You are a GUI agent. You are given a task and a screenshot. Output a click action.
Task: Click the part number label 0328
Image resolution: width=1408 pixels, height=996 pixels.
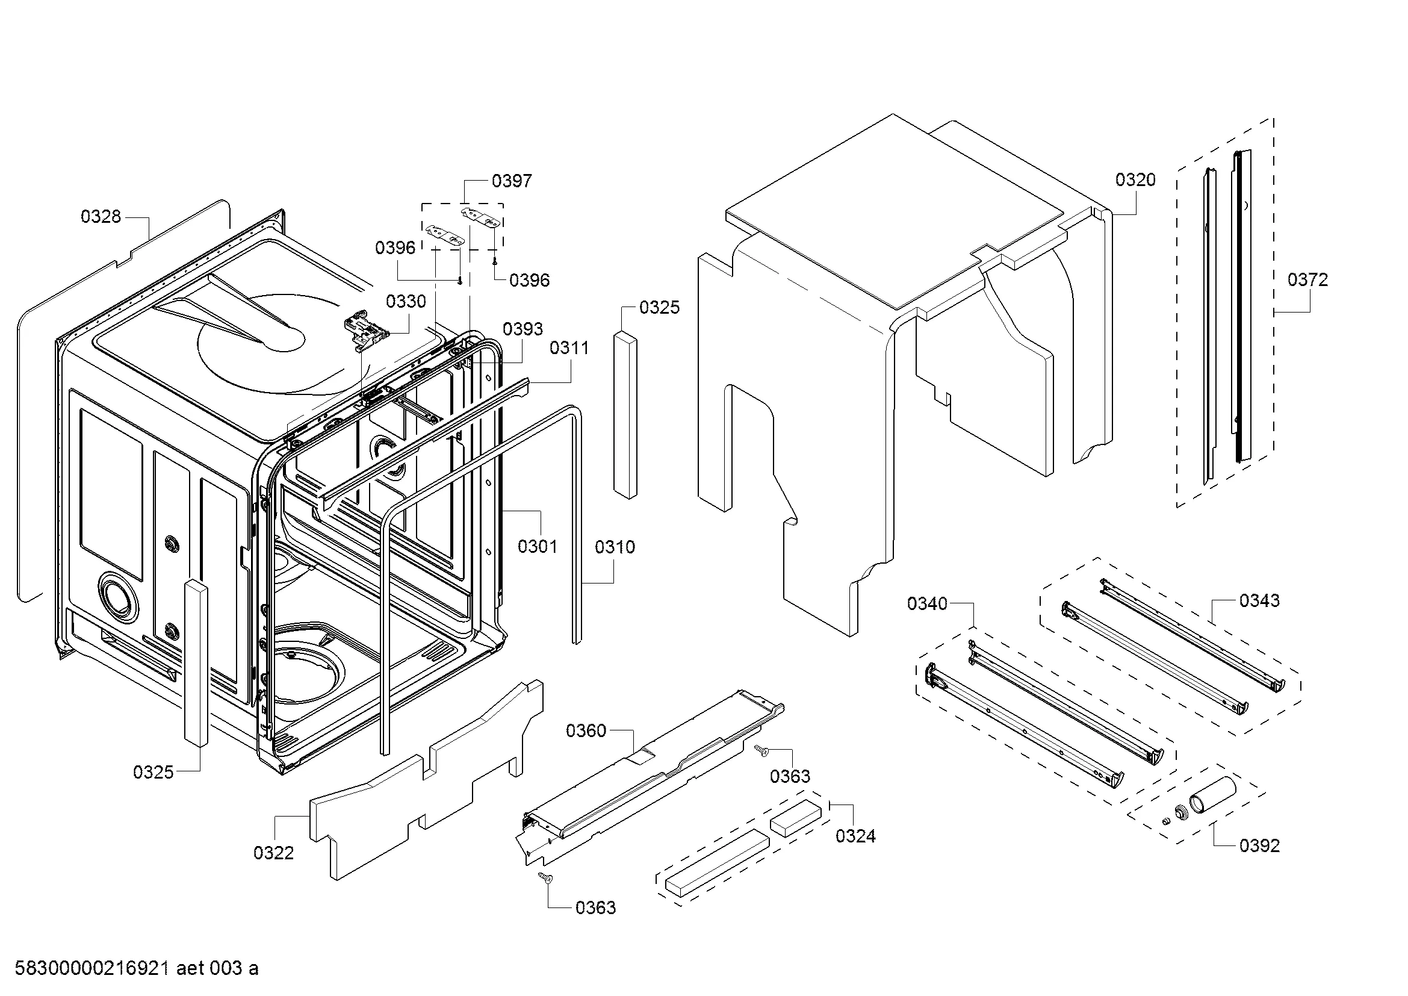[101, 217]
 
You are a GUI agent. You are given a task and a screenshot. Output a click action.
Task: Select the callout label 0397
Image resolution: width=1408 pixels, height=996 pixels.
[512, 181]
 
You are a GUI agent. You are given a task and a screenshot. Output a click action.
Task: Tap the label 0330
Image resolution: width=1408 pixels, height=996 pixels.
[406, 301]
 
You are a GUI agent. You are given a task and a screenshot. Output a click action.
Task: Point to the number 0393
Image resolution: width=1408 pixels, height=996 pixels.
[523, 329]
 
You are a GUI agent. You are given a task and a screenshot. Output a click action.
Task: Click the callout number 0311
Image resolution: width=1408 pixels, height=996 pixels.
[569, 347]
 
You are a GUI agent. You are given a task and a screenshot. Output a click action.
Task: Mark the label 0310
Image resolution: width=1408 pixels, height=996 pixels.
[615, 546]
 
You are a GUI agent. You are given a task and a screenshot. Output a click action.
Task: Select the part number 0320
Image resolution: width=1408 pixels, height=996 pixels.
[1135, 179]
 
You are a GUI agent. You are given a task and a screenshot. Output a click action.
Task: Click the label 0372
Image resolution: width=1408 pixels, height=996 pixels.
[1307, 279]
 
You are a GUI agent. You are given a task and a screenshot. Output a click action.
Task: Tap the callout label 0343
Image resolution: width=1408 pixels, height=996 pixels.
[1259, 600]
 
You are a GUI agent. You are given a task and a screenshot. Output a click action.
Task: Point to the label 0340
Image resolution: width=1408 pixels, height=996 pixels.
[927, 604]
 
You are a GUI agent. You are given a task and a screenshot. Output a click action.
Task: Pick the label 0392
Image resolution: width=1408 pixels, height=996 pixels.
[1259, 845]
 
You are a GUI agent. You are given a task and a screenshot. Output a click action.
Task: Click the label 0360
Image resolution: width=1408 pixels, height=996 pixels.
[586, 730]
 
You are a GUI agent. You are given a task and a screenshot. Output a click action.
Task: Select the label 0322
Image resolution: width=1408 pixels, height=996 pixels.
[273, 853]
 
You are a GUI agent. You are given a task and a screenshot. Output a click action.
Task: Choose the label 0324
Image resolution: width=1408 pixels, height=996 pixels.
[855, 836]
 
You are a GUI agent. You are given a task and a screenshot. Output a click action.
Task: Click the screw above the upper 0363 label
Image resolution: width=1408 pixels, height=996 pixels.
[760, 749]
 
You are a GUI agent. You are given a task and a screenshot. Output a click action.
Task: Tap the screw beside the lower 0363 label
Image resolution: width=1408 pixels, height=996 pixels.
[544, 877]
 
